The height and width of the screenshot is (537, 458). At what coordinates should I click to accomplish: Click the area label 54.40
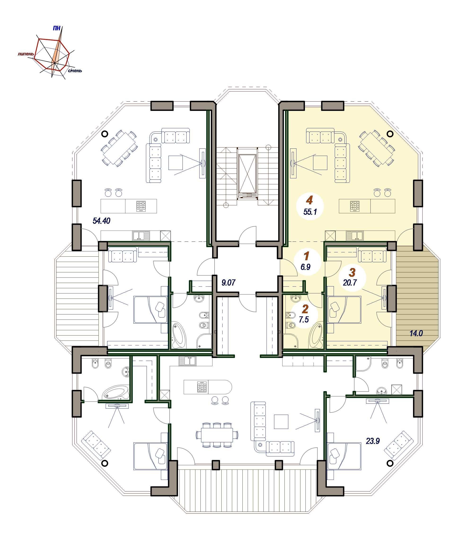pos(101,221)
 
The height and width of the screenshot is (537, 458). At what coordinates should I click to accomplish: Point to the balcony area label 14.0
pos(416,333)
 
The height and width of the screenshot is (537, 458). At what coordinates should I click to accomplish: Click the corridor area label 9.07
pos(228,282)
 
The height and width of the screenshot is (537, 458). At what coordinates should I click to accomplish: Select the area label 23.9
pos(373,441)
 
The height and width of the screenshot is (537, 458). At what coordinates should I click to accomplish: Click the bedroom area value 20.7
pos(350,282)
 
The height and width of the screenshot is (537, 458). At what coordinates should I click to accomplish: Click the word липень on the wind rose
pos(26,54)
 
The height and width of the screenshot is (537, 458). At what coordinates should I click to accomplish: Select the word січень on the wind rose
pos(75,71)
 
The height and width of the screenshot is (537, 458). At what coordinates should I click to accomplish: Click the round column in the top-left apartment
pos(105,134)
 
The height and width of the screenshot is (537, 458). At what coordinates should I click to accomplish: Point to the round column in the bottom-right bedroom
pos(390,463)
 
